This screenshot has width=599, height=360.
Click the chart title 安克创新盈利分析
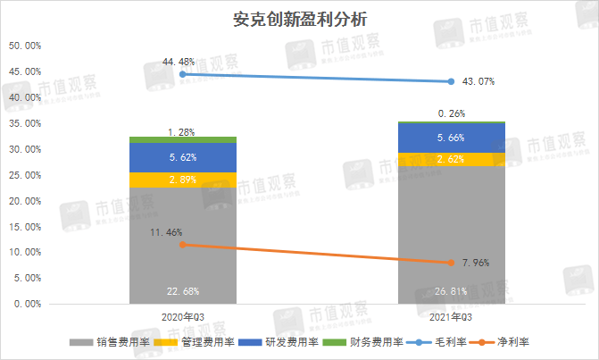(299, 18)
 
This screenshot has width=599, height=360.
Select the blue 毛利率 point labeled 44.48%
(182, 74)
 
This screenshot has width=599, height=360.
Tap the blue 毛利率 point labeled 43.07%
(451, 81)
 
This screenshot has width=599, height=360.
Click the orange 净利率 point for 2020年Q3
(182, 244)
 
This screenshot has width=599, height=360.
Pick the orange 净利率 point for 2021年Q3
(451, 263)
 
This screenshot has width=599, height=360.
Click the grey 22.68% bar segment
(182, 250)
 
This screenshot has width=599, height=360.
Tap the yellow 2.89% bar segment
(182, 180)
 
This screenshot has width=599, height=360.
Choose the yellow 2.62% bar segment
(451, 159)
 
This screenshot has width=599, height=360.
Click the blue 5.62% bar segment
(182, 157)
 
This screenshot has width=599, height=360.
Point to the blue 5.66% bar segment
(451, 138)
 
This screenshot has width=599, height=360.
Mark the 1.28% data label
(182, 132)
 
